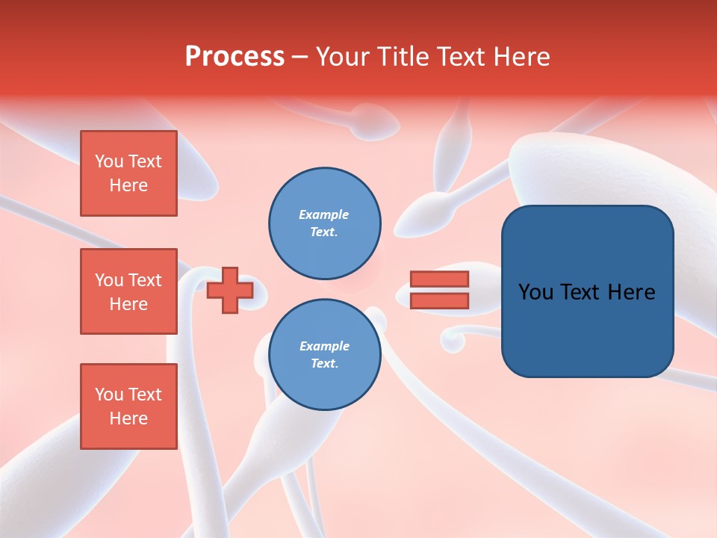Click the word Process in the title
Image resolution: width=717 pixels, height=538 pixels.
tap(235, 57)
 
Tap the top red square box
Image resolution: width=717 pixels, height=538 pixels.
tap(128, 173)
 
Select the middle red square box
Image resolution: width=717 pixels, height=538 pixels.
tap(128, 291)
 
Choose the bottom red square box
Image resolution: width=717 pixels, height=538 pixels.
tap(128, 406)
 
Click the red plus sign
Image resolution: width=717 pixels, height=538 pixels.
tap(229, 290)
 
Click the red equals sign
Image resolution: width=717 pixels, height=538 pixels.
tap(439, 290)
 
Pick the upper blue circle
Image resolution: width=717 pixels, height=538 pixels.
tap(325, 223)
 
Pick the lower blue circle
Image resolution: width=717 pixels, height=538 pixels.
tap(325, 355)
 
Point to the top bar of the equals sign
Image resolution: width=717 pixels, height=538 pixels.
tap(439, 279)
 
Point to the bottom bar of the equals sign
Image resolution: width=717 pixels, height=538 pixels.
tap(439, 301)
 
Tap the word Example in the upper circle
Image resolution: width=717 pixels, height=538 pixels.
tap(324, 214)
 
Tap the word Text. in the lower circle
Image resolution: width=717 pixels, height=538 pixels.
tap(324, 364)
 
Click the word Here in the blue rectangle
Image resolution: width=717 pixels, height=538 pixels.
tap(632, 292)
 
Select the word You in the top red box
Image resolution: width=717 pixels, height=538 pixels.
tap(109, 161)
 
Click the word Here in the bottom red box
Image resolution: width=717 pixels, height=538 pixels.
tap(128, 418)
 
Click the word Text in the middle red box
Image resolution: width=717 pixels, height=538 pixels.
tap(145, 280)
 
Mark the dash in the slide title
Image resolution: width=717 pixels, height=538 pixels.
tap(299, 58)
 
